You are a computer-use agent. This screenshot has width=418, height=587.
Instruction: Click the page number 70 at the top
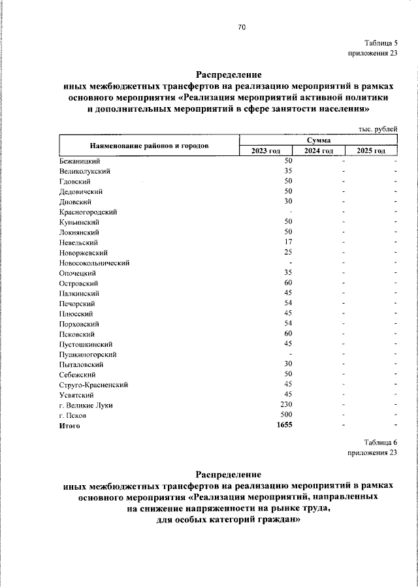(x=242, y=27)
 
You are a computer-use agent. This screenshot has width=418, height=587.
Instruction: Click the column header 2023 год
(x=266, y=151)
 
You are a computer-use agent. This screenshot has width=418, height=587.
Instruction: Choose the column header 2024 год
(x=319, y=151)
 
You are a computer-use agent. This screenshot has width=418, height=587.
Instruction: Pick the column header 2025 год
(x=371, y=151)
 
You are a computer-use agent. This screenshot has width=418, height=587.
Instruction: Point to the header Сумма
(x=319, y=140)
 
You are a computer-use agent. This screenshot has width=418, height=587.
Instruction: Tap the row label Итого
(x=69, y=426)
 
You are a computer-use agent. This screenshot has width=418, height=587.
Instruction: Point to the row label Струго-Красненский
(x=93, y=385)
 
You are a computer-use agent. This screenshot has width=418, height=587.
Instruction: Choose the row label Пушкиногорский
(x=88, y=354)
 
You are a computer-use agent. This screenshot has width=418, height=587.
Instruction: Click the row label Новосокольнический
(x=94, y=262)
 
